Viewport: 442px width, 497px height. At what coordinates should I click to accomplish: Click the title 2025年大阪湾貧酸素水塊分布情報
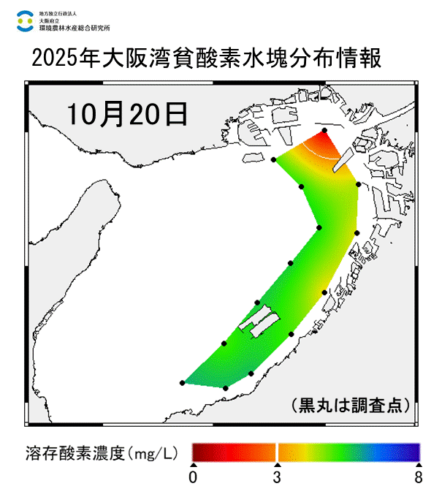click(207, 58)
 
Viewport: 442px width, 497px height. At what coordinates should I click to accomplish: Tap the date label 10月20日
click(126, 113)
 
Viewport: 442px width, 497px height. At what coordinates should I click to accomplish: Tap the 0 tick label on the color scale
click(193, 478)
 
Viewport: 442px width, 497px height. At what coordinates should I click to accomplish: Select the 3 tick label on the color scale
click(277, 478)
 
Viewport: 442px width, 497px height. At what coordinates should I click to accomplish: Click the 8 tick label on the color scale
click(419, 478)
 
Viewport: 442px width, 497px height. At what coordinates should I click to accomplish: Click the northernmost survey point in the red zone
click(324, 130)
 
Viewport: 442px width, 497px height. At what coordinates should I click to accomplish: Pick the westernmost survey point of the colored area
click(182, 382)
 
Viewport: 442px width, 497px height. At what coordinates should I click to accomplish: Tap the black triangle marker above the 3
click(277, 465)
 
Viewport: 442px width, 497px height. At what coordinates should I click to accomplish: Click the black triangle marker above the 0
click(193, 465)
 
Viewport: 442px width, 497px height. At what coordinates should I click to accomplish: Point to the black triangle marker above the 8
click(419, 465)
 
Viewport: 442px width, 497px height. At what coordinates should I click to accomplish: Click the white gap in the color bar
click(277, 451)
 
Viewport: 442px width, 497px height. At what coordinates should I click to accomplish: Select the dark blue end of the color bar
click(414, 451)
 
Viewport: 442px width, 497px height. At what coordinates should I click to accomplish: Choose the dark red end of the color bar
click(197, 451)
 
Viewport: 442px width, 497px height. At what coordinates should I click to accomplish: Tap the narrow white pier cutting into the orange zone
click(342, 156)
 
